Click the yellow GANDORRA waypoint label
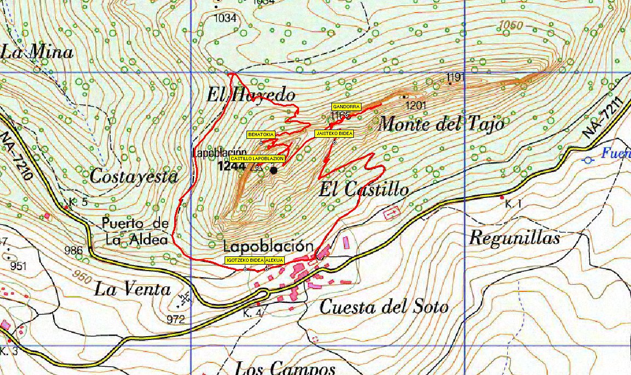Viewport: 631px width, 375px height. (x=346, y=107)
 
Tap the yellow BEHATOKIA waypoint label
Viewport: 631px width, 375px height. (x=261, y=134)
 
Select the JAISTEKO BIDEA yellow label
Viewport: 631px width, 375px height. (x=334, y=133)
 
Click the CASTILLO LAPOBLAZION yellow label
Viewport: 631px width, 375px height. (x=257, y=159)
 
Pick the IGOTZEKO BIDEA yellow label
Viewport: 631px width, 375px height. (x=245, y=260)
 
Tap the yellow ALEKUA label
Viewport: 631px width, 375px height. (x=274, y=260)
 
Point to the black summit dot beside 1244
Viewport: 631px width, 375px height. (x=274, y=170)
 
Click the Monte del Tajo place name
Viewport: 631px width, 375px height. (x=441, y=124)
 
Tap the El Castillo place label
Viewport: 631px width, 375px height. (x=364, y=189)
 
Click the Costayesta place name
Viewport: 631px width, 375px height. (x=134, y=177)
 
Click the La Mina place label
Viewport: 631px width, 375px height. (x=37, y=52)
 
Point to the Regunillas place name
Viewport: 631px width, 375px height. (x=514, y=238)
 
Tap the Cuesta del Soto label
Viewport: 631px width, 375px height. (x=383, y=307)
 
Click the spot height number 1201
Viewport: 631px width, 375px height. (x=415, y=104)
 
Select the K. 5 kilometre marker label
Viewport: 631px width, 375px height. (x=79, y=201)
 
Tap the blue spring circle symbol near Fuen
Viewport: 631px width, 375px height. (x=588, y=160)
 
